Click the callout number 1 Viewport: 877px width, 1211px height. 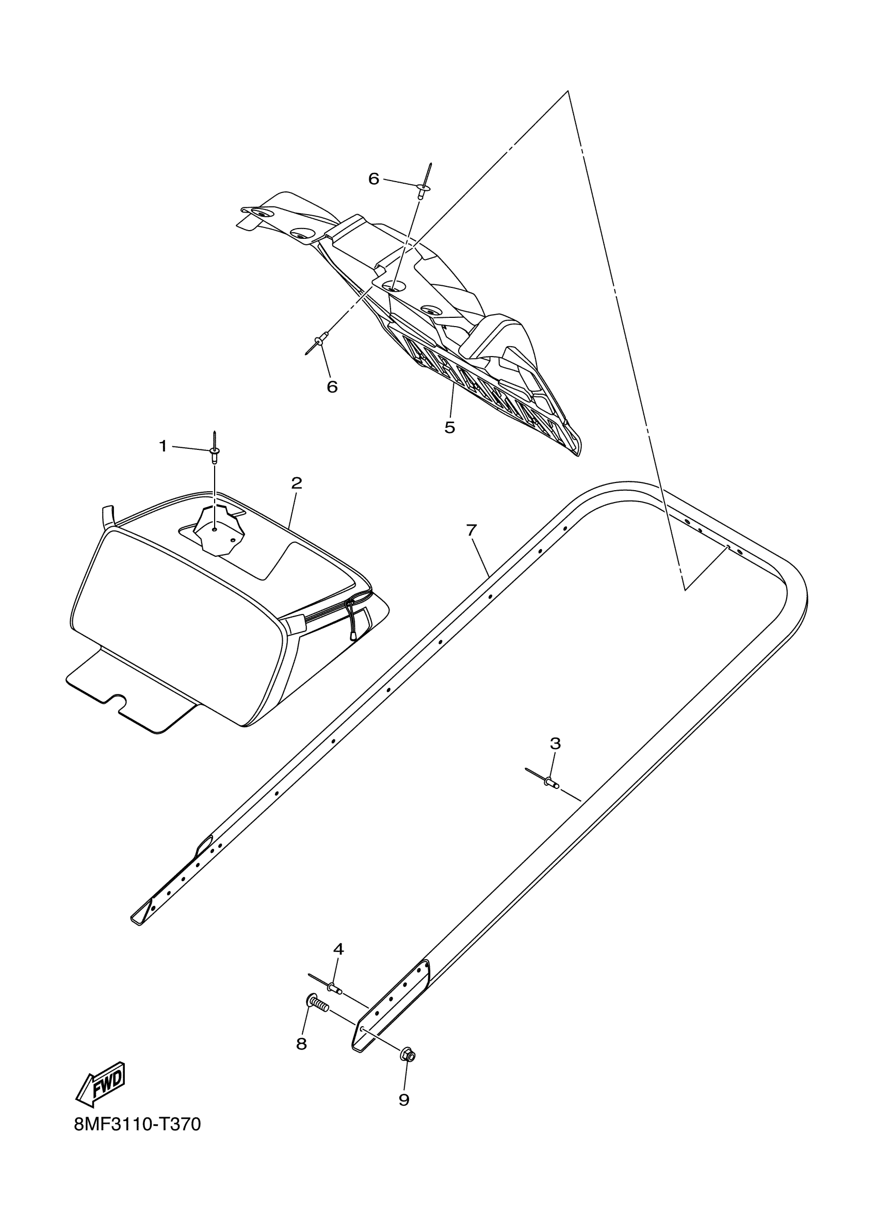coord(164,446)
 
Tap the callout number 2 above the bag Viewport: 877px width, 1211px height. coord(296,483)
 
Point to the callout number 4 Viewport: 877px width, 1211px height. coord(338,949)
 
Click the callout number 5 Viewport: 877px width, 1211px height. coord(449,427)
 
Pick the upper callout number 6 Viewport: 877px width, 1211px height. coord(373,179)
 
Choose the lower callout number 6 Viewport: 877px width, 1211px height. coord(332,386)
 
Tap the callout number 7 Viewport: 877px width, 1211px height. coord(470,530)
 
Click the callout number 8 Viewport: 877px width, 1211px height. coord(302,1044)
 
